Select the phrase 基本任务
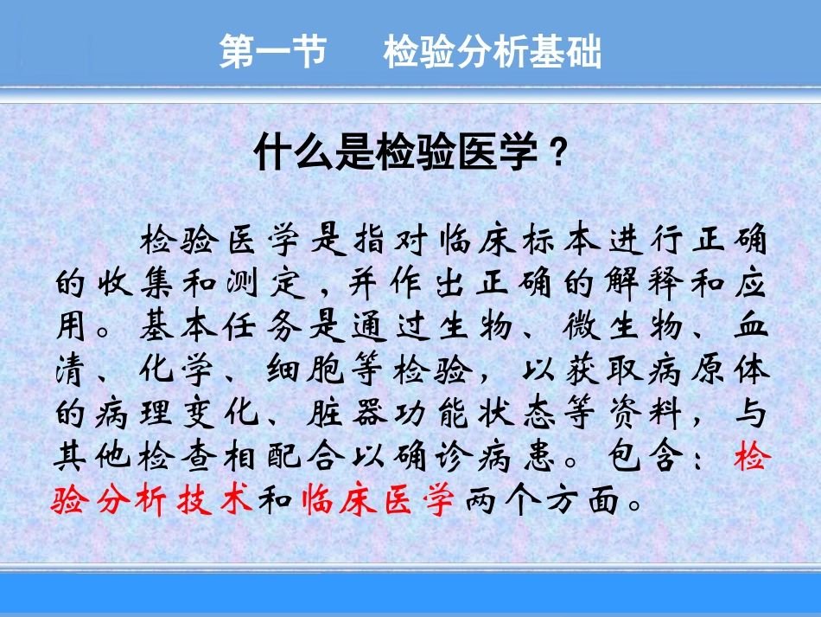pyautogui.click(x=221, y=328)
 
